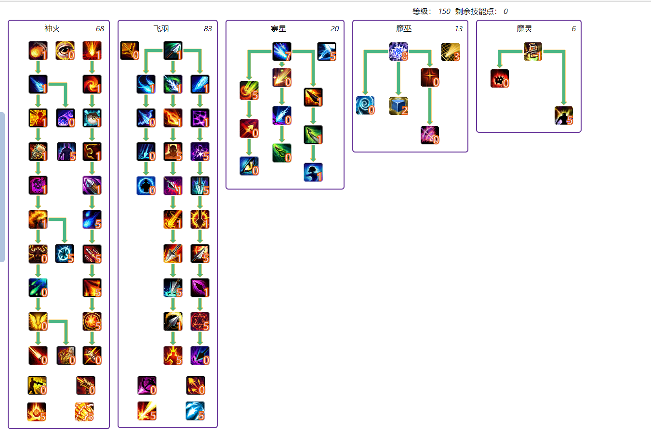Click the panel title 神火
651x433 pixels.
click(52, 29)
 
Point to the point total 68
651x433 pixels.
click(100, 29)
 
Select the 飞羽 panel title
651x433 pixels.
click(161, 29)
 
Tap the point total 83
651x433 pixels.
click(208, 29)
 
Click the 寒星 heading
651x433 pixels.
click(279, 29)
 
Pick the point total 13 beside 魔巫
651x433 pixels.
click(458, 29)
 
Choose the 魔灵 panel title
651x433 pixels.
click(524, 29)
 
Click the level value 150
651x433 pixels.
click(444, 11)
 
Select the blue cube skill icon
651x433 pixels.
click(399, 106)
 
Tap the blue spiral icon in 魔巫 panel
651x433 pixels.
click(365, 105)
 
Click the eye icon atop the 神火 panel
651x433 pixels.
click(65, 51)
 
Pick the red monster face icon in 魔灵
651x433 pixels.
click(500, 78)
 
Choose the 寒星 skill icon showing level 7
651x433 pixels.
click(282, 51)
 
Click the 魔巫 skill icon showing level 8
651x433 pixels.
click(399, 51)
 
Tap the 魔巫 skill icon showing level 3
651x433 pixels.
click(451, 52)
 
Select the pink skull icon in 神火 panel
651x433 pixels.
click(38, 185)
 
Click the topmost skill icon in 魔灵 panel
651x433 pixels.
click(533, 51)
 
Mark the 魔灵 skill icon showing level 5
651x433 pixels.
click(564, 115)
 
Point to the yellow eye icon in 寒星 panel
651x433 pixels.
click(249, 166)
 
